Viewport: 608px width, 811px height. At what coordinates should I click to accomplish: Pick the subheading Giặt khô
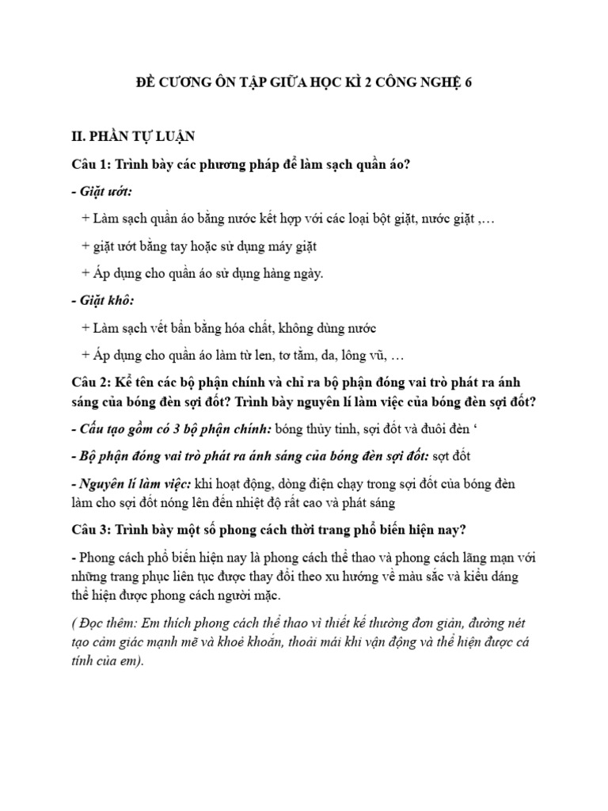coord(104,301)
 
